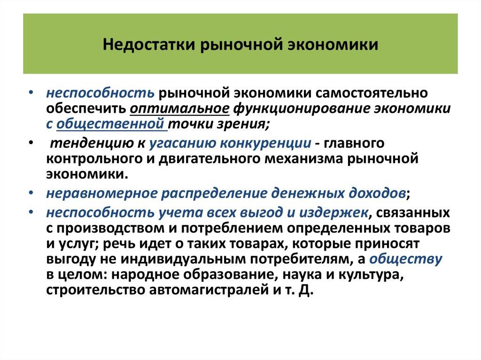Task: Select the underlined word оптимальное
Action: click(179, 109)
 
